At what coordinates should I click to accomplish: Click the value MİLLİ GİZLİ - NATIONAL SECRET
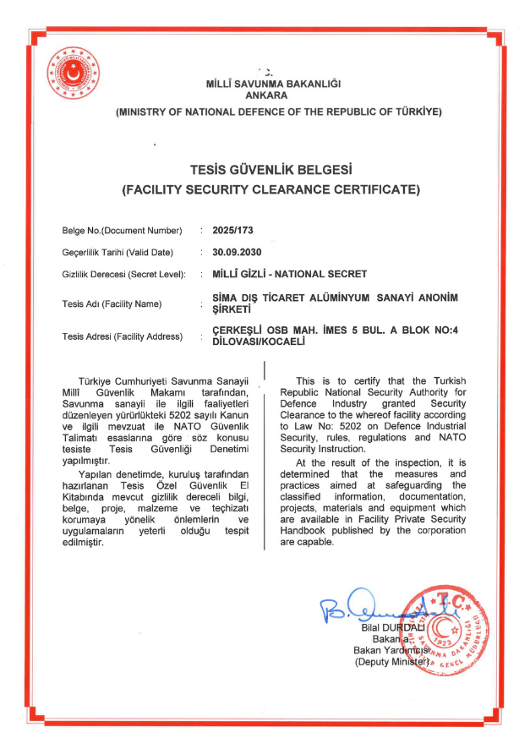290,274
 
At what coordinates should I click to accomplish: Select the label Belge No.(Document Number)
122,231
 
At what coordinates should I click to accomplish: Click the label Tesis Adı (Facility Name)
111,303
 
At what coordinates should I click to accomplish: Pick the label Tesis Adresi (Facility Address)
122,336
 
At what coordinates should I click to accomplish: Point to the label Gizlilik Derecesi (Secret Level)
123,275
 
